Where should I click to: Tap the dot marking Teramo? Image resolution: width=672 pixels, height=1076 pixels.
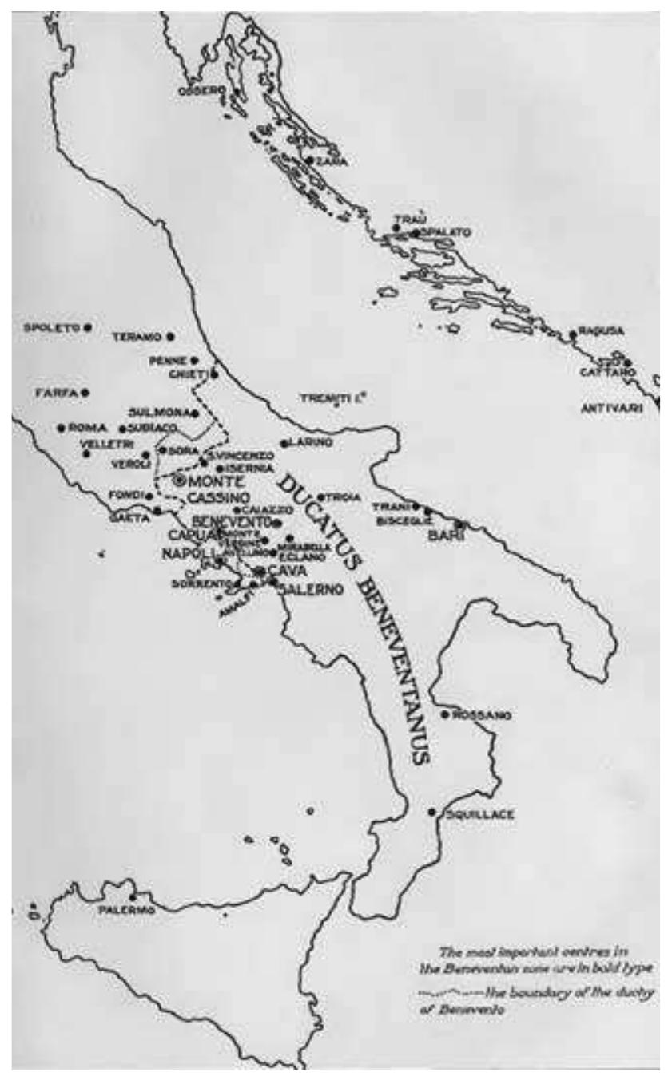click(170, 337)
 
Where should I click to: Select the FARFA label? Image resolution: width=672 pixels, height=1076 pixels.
click(55, 393)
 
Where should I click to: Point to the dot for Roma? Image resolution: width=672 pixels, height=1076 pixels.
click(61, 428)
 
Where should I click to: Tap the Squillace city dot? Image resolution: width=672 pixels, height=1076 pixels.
click(431, 813)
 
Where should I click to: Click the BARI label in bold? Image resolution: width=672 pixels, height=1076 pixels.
click(442, 536)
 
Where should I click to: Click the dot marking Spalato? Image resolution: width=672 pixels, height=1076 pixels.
click(415, 233)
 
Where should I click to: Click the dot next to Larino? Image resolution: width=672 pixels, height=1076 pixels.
click(284, 443)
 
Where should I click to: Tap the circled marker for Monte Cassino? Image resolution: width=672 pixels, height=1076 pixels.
click(179, 480)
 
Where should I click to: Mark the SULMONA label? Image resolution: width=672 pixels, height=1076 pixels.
click(157, 413)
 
